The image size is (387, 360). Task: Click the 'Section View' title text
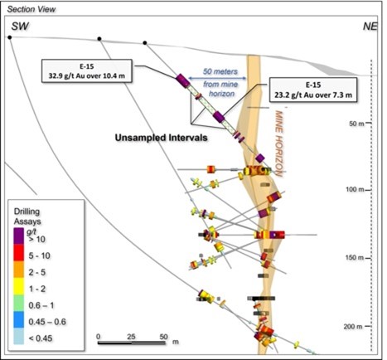point(31,9)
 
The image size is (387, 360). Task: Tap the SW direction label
point(20,27)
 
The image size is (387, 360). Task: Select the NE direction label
point(370,27)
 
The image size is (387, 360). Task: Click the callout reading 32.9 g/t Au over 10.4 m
point(87,71)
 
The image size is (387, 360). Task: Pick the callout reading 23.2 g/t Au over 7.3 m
point(313,90)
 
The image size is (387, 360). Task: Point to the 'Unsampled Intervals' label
point(161,138)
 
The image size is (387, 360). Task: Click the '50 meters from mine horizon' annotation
point(220,82)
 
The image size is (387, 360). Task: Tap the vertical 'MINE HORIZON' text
point(278,144)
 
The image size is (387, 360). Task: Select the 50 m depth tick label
point(356,124)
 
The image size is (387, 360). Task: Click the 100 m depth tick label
point(355,190)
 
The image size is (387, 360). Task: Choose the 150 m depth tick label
point(355,258)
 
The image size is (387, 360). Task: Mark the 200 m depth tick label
point(353,327)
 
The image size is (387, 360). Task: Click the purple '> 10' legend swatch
point(19,236)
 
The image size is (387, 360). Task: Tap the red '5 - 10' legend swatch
point(19,252)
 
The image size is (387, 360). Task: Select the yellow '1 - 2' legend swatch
point(19,286)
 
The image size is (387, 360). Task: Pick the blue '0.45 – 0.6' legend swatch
point(19,320)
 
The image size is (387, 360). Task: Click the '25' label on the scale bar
point(131,337)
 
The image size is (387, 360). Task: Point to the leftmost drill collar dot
point(10,37)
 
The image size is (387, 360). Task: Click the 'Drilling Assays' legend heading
point(27,216)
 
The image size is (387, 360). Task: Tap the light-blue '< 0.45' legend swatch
point(19,336)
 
